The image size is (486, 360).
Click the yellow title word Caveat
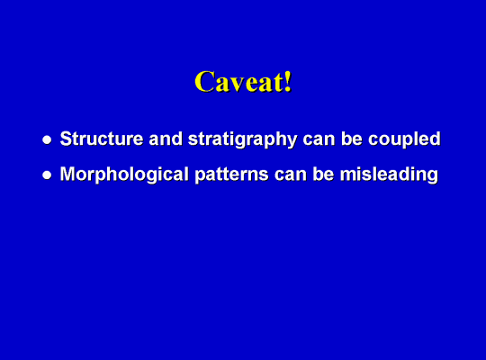(239, 81)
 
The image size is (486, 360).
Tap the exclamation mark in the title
(288, 81)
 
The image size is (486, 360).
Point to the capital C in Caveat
(205, 82)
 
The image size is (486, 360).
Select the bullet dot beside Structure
(47, 139)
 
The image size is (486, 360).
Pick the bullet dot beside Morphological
(47, 175)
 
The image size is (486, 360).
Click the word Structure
(102, 139)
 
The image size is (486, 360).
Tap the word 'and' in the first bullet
(166, 139)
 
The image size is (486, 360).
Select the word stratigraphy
(243, 140)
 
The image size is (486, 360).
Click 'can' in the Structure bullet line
(319, 140)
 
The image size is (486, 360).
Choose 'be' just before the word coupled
(352, 139)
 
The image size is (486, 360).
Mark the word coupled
(404, 140)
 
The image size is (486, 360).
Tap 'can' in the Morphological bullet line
(291, 175)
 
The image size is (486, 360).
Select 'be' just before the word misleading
(323, 174)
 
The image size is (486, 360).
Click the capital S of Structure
(67, 139)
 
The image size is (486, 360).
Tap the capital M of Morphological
(68, 174)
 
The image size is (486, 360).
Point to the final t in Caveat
(278, 83)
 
